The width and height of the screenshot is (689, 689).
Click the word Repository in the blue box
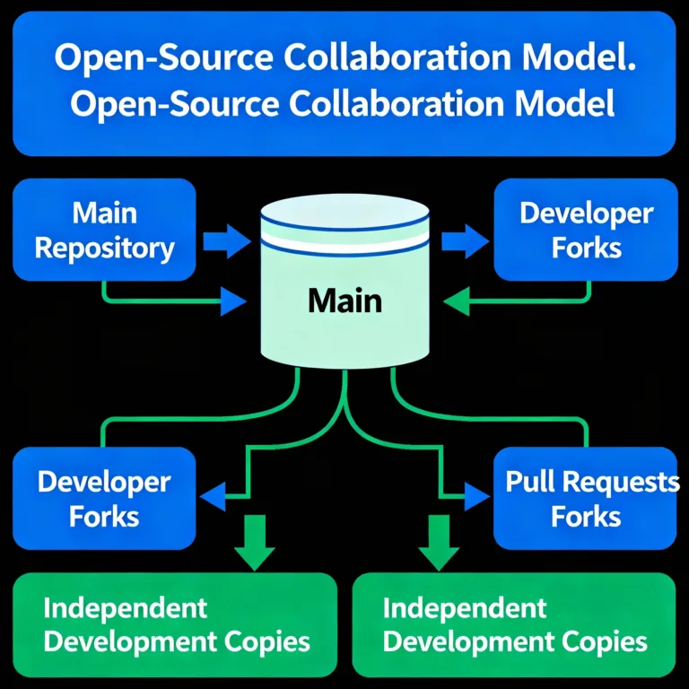point(104,248)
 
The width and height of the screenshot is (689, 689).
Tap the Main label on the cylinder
point(344,301)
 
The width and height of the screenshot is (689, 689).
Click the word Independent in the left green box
point(126,607)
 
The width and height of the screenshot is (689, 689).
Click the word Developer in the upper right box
point(586,214)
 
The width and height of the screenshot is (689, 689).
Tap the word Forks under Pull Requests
point(586,517)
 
